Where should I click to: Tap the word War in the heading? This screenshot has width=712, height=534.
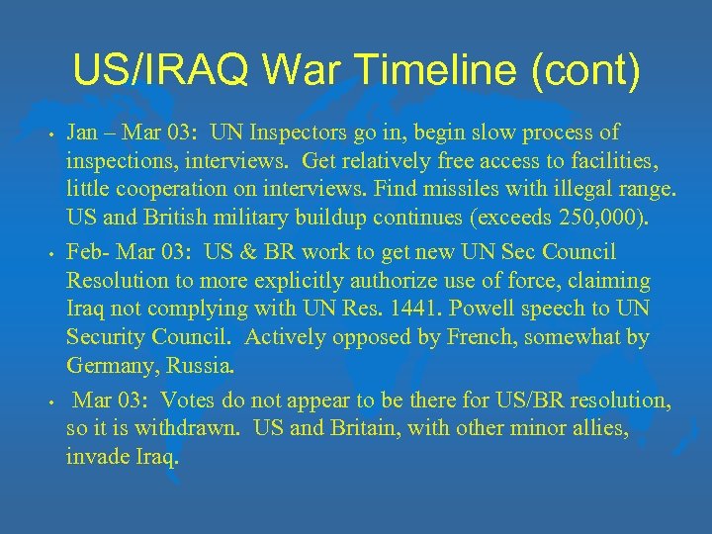point(322,70)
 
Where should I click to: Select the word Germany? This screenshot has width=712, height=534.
point(110,366)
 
